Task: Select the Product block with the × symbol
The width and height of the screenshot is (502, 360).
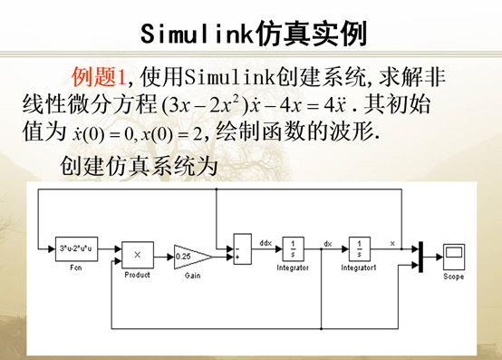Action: [138, 254]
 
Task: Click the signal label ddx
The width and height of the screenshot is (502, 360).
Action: [265, 243]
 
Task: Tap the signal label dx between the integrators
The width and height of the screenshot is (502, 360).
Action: [329, 243]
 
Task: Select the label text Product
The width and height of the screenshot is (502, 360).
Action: [138, 274]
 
